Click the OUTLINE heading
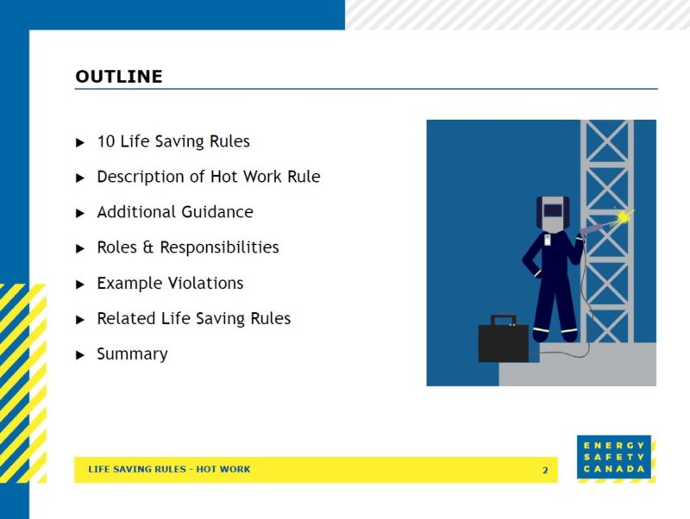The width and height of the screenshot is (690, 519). click(119, 77)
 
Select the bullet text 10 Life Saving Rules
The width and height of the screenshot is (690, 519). click(173, 141)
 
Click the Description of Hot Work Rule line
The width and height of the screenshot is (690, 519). click(208, 177)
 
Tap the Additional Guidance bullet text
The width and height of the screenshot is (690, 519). click(175, 212)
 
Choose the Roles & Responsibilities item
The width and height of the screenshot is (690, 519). click(188, 247)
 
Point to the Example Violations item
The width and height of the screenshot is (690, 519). click(170, 284)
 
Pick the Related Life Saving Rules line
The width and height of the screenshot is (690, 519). click(193, 319)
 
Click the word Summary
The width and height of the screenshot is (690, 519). click(132, 354)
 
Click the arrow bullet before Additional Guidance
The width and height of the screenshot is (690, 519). click(80, 213)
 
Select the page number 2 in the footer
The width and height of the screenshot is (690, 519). click(545, 470)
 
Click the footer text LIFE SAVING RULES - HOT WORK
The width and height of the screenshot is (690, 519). click(169, 470)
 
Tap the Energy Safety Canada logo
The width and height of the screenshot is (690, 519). click(615, 458)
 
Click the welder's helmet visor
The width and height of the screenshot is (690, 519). click(554, 209)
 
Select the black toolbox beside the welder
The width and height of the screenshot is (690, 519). click(504, 342)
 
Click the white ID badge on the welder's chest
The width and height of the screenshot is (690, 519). click(548, 241)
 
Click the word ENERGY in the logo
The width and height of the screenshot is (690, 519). click(614, 446)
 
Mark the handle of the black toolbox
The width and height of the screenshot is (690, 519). click(504, 321)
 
